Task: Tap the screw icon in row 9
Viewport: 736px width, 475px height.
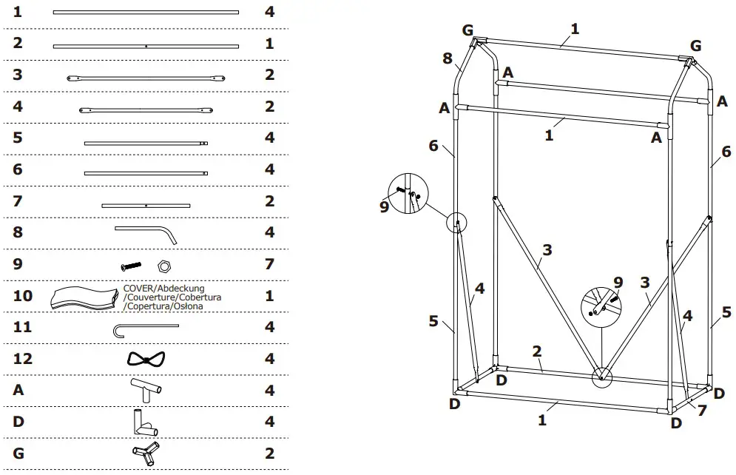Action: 131,264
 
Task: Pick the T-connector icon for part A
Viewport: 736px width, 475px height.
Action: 146,389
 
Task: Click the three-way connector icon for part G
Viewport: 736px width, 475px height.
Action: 146,453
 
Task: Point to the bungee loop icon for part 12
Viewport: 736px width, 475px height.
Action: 146,359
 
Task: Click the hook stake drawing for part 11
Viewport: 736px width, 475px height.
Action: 146,327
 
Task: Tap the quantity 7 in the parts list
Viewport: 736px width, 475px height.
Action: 269,264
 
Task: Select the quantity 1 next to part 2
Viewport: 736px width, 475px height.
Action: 269,44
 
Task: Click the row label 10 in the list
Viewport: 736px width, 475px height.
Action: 23,296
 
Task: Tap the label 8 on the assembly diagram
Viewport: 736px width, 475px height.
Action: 448,58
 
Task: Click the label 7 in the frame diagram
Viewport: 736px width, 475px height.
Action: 702,410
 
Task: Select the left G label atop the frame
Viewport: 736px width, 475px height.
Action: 467,30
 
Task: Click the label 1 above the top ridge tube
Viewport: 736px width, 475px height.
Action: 575,30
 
